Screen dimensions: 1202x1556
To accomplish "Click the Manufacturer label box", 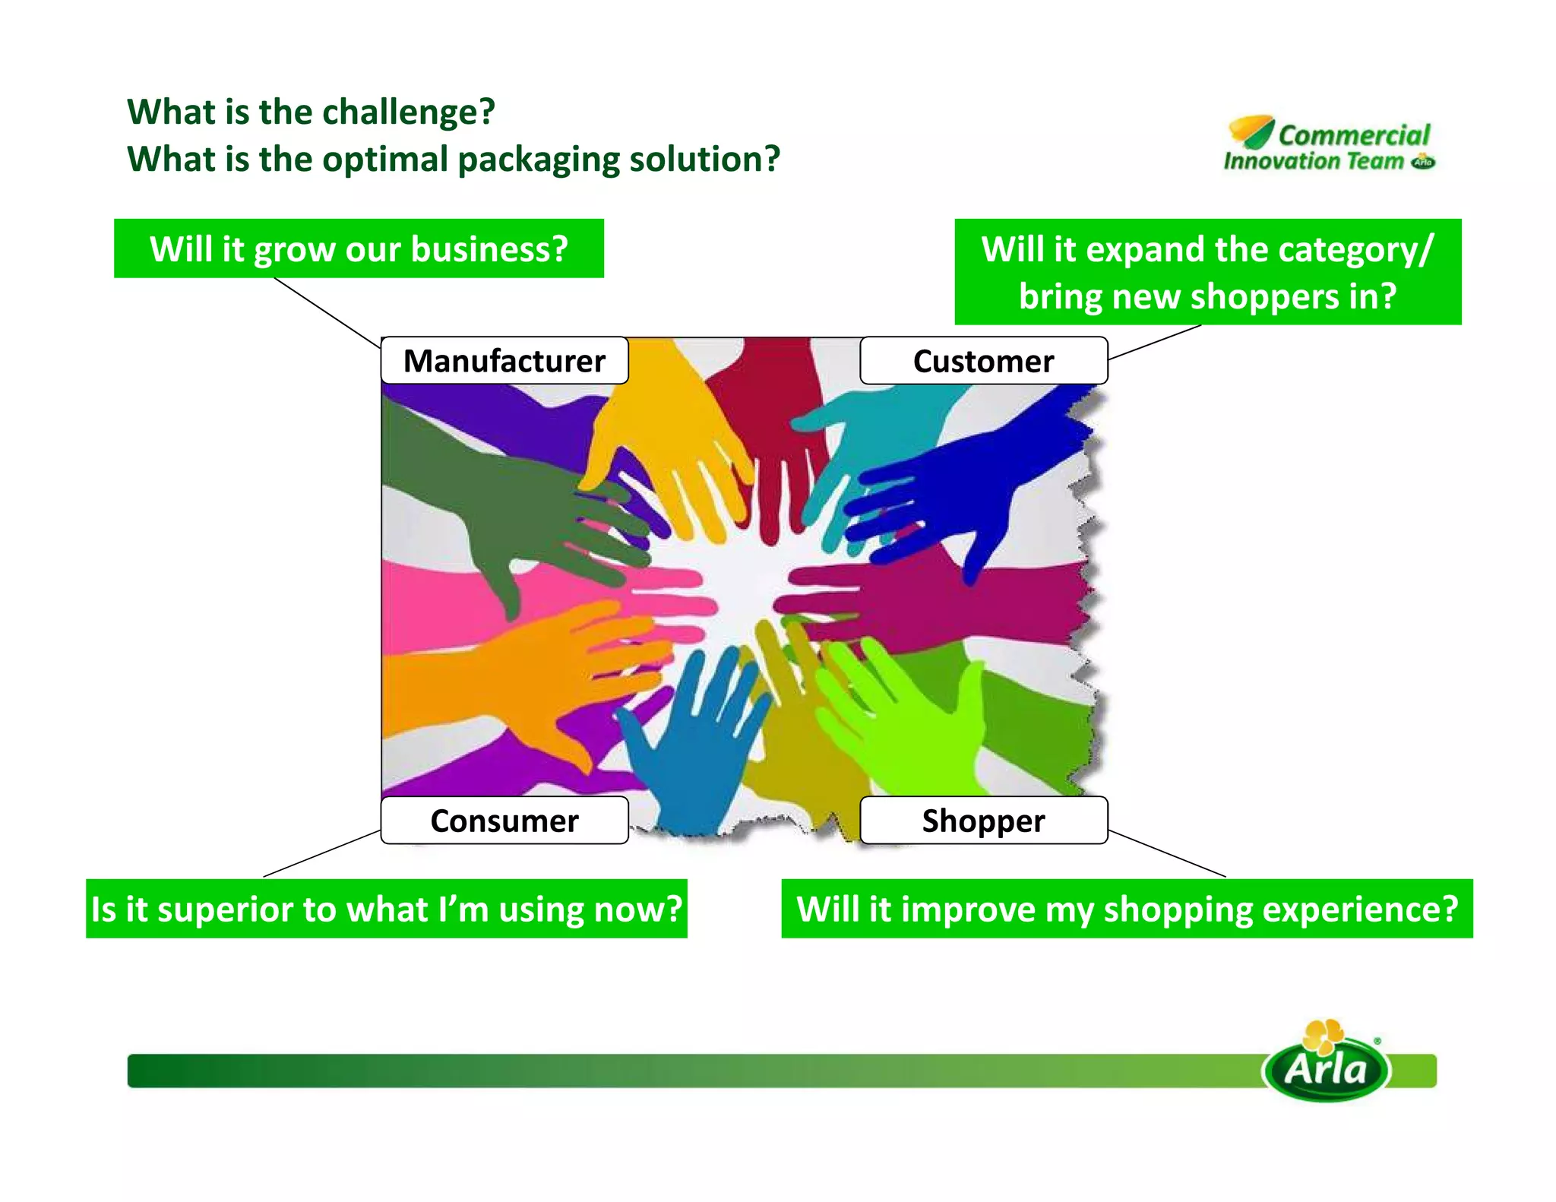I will [504, 361].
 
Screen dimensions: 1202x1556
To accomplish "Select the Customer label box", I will [983, 361].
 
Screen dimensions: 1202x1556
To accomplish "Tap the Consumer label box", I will [504, 821].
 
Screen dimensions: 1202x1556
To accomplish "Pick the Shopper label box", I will [983, 821].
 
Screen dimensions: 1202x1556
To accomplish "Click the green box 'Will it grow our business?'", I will [359, 249].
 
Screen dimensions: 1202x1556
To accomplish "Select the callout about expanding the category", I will [1207, 272].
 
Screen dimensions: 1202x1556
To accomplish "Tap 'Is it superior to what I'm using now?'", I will [387, 909].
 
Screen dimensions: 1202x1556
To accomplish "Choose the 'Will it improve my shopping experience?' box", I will [1127, 909].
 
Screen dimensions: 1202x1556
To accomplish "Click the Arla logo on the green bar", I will [1327, 1064].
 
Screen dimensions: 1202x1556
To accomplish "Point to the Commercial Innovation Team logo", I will [1330, 144].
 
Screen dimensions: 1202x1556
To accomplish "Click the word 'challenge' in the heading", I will [403, 112].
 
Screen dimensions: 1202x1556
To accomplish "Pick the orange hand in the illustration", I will [517, 669].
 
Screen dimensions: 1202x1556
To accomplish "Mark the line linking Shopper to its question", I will [1167, 854].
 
